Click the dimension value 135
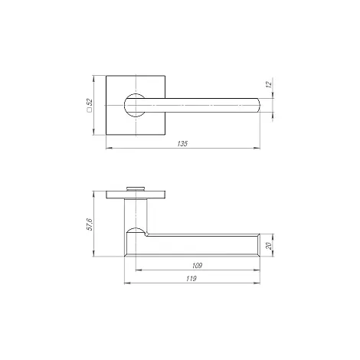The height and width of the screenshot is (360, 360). [182, 144]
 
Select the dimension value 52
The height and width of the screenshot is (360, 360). [90, 102]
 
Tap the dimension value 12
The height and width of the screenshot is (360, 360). [269, 84]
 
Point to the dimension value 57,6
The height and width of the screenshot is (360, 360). [90, 224]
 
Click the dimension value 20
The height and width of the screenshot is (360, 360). [269, 246]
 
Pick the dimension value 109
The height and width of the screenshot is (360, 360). [197, 266]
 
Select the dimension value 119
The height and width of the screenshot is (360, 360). [191, 279]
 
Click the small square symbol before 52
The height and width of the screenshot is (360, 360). [90, 110]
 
